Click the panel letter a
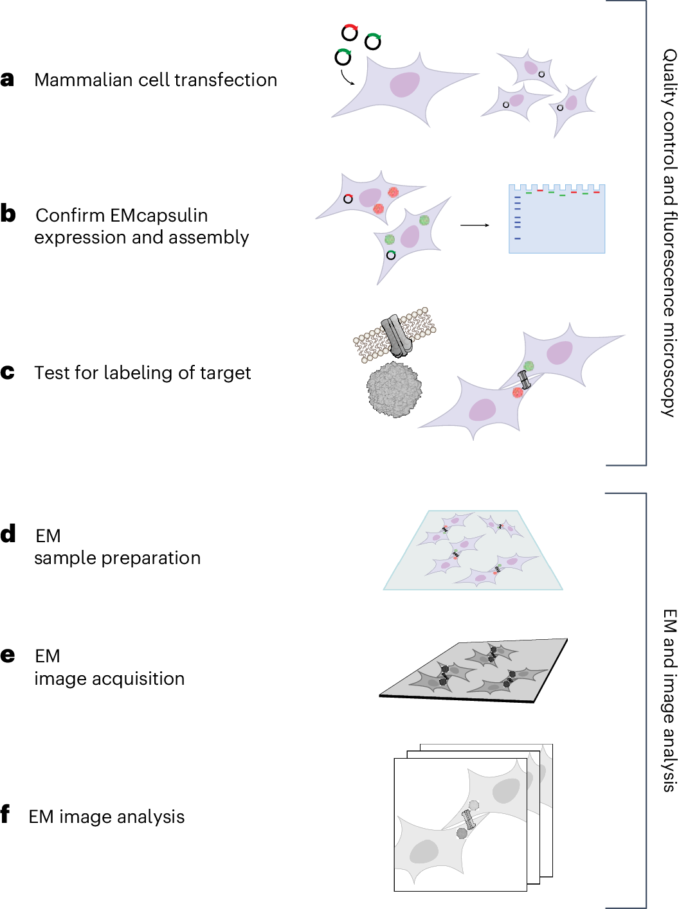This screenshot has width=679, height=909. click(8, 79)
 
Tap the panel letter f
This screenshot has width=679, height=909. click(6, 814)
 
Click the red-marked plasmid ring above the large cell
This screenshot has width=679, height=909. click(349, 32)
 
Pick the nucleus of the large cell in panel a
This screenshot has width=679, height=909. click(404, 84)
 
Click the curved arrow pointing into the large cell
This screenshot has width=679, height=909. click(347, 77)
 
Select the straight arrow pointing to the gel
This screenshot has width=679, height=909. click(475, 225)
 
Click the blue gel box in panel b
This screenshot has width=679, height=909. click(557, 222)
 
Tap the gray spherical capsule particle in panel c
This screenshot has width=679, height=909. click(394, 389)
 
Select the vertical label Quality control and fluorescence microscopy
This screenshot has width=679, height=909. click(669, 233)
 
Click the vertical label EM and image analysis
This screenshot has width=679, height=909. click(669, 700)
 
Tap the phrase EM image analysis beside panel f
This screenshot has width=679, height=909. click(107, 816)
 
